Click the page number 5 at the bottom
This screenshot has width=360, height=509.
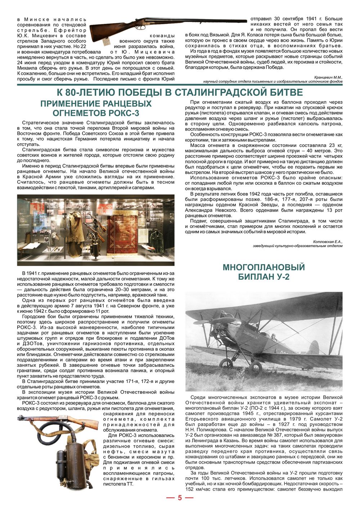tap(180, 498)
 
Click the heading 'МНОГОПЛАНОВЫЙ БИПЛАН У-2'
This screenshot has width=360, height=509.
tap(264, 272)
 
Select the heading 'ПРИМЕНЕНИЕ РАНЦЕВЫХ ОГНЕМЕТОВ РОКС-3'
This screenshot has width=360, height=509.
tap(96, 108)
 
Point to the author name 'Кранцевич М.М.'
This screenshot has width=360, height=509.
tap(328, 77)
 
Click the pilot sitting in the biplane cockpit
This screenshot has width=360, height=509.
tap(274, 338)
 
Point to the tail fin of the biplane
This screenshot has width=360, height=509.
tap(314, 347)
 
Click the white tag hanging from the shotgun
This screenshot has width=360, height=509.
tap(107, 42)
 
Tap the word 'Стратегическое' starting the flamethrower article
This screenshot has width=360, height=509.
tap(39, 123)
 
